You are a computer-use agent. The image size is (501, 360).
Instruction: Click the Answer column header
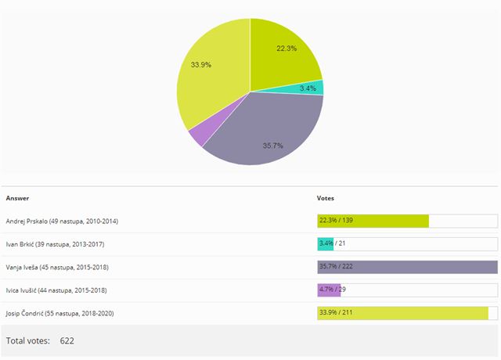17,198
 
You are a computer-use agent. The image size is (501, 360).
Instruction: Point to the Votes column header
325,198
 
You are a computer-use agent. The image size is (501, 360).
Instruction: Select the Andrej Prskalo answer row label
61,221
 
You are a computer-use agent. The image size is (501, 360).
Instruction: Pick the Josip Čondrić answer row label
62,313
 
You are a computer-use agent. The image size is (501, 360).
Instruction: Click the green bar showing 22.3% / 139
373,221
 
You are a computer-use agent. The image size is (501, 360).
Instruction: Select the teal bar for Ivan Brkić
325,244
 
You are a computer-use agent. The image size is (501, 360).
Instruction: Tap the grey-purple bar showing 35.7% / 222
407,267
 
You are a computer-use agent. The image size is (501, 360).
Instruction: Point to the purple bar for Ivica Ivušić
329,290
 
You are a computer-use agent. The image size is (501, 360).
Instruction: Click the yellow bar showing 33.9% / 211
402,313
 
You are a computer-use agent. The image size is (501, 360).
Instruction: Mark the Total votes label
27,341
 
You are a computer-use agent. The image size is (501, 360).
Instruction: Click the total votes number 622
67,341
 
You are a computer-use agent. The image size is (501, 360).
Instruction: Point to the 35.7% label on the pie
272,146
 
